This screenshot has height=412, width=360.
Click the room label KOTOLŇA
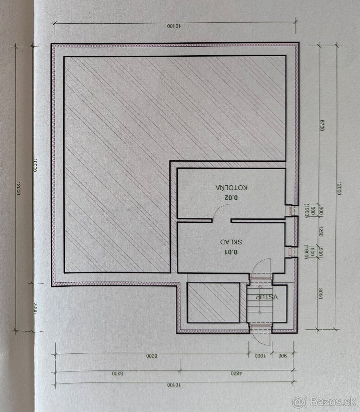[232, 188]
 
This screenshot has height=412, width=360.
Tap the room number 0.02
[231, 197]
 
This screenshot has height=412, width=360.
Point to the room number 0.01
[231, 252]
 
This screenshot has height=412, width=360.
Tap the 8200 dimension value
[151, 356]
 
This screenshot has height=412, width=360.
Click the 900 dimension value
[283, 356]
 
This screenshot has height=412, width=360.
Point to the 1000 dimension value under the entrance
[260, 356]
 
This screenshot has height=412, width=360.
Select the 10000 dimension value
[35, 165]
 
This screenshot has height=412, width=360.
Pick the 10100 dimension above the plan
[174, 26]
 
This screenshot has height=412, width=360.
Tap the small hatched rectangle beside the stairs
[213, 302]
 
